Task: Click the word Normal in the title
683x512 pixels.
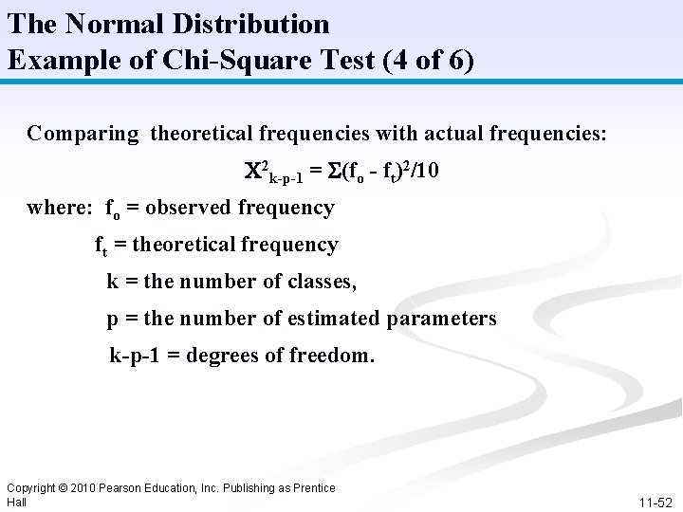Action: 103,23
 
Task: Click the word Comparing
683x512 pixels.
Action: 83,133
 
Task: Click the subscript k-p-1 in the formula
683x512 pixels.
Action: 286,178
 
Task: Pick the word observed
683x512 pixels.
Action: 193,208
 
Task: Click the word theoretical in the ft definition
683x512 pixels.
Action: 189,245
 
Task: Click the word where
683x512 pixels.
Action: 60,208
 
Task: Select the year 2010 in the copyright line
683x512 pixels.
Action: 82,488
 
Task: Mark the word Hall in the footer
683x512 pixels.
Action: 16,502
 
